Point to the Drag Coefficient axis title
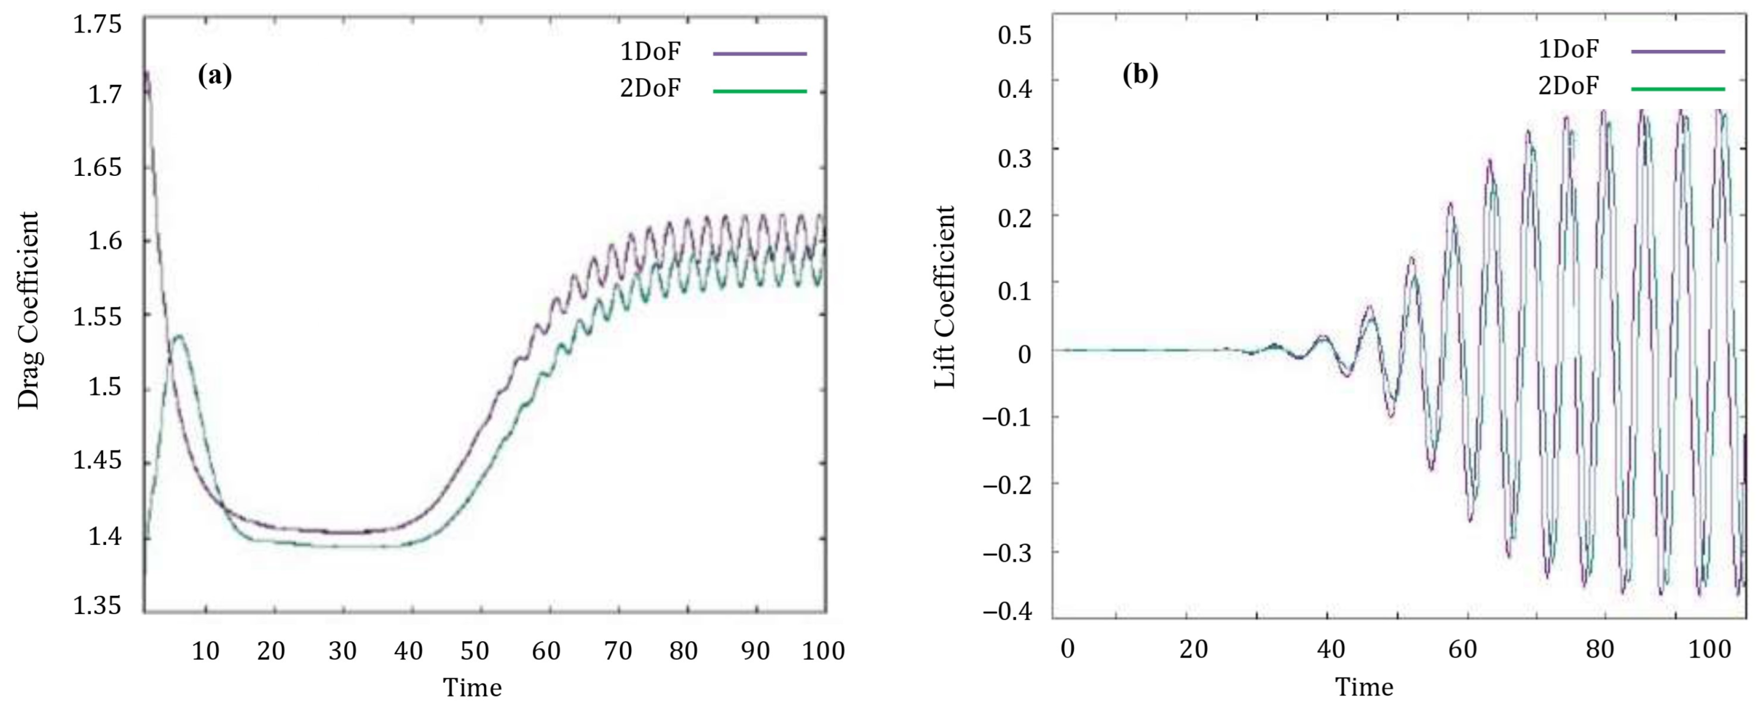click(x=29, y=311)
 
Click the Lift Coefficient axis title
click(x=945, y=297)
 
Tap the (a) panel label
click(x=215, y=75)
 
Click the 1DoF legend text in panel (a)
click(x=650, y=52)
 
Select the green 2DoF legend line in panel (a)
click(x=760, y=91)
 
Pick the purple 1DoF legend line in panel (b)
click(x=1677, y=51)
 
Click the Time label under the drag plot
click(x=472, y=688)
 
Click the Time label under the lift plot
click(x=1364, y=687)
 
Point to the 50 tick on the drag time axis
click(x=474, y=651)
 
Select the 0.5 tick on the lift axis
click(x=1015, y=35)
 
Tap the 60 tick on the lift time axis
click(x=1462, y=649)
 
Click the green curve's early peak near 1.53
click(x=179, y=335)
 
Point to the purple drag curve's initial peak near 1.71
click(x=146, y=72)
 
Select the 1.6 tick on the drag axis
click(x=105, y=241)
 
